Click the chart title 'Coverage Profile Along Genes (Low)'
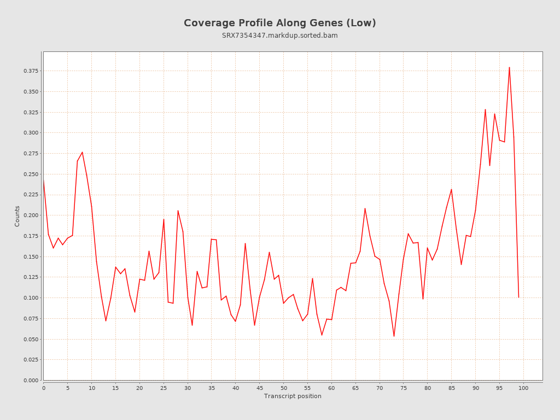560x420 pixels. click(279, 23)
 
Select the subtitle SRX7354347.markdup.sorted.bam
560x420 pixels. click(279, 36)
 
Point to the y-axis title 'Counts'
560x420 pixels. click(17, 216)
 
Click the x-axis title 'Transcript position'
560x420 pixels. click(293, 396)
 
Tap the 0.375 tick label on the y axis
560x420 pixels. click(31, 71)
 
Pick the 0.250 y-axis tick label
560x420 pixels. click(31, 174)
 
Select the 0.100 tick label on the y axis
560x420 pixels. click(31, 297)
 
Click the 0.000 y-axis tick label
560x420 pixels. click(31, 380)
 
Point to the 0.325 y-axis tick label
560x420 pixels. click(31, 112)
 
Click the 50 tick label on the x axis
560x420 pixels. click(283, 388)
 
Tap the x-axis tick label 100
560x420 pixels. click(523, 388)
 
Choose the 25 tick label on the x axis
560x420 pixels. click(164, 388)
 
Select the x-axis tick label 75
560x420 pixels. click(404, 388)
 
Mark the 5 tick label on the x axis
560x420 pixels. click(68, 388)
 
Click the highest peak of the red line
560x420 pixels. click(509, 67)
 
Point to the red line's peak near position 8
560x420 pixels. click(82, 152)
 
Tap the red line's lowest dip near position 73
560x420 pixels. click(394, 336)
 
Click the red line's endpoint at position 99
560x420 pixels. click(518, 297)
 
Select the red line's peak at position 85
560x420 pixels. click(451, 189)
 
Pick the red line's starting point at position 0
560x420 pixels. click(44, 180)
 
